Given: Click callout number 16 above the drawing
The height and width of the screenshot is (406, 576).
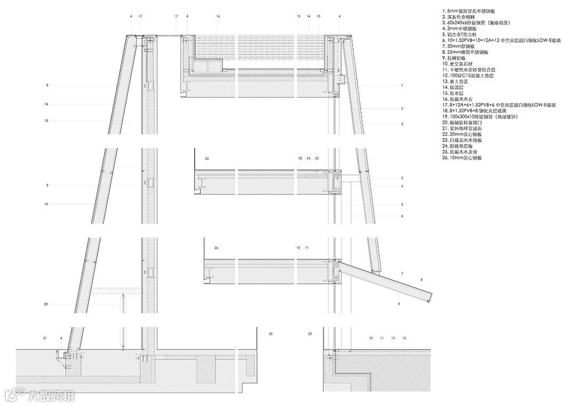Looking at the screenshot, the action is tap(218, 17).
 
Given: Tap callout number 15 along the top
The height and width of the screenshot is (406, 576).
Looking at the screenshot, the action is tap(299, 17).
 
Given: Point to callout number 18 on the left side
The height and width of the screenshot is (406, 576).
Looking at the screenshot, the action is tap(47, 121).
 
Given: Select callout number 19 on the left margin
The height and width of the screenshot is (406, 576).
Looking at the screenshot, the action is tap(47, 204).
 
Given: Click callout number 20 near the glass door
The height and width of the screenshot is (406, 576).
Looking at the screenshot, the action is tap(46, 304).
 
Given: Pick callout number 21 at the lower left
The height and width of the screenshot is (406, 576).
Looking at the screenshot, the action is tap(45, 338).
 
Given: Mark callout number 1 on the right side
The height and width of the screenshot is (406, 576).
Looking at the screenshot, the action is tap(402, 85).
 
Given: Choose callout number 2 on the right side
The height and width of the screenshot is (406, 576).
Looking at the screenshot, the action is tap(402, 109).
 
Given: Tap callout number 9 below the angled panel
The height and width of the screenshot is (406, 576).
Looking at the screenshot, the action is tap(398, 303).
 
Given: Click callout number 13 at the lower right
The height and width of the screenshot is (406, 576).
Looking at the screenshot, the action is tap(404, 338).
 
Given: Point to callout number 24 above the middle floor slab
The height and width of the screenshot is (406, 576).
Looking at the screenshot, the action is tap(308, 158).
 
